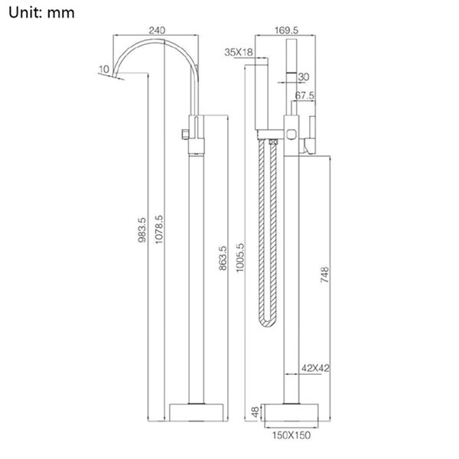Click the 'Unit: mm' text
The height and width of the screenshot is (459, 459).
(x=41, y=13)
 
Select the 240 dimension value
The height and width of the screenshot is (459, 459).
(x=157, y=30)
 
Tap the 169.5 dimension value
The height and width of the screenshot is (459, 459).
(x=286, y=30)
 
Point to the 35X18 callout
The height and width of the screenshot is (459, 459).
(x=239, y=52)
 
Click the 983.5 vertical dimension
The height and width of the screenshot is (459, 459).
(x=142, y=229)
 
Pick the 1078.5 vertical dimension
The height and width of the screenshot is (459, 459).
(x=158, y=229)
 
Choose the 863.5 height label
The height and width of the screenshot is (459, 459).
(x=223, y=258)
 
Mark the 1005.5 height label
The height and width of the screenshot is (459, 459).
(x=239, y=258)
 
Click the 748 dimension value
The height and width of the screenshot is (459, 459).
(x=324, y=275)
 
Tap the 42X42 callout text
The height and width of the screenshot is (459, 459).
(x=315, y=368)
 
